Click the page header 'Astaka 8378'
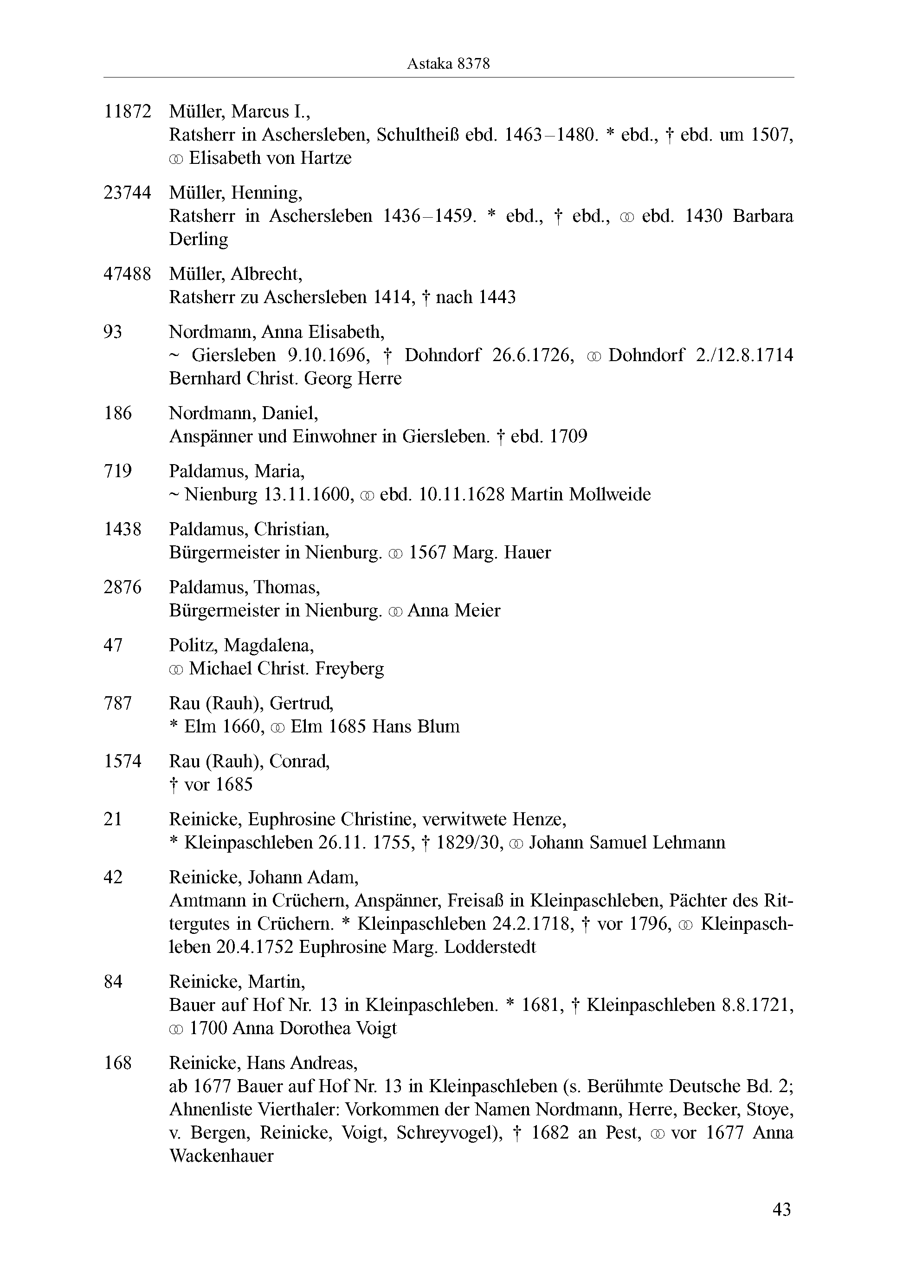pos(448,64)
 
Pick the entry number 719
pos(118,471)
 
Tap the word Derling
pos(199,239)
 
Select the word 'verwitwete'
pos(464,820)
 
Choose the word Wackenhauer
pos(221,1156)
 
